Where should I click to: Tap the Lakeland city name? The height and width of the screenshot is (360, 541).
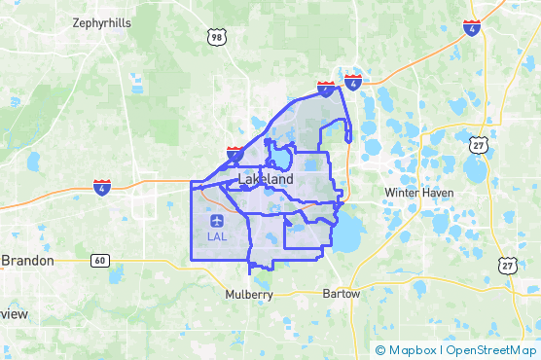tap(265, 181)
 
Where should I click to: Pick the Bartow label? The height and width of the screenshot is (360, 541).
tap(341, 293)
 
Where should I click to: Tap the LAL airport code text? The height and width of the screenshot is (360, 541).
tap(219, 235)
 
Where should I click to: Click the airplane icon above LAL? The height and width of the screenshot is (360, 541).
tap(219, 220)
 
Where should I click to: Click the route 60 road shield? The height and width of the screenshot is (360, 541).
tap(99, 261)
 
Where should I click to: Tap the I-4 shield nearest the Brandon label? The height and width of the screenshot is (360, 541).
tap(102, 185)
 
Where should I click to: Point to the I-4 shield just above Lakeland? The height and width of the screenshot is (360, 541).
tap(234, 153)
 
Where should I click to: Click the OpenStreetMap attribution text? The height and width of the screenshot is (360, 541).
tap(491, 350)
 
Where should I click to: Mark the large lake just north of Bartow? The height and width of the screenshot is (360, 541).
tap(345, 233)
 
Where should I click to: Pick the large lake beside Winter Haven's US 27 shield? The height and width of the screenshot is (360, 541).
tap(475, 170)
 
